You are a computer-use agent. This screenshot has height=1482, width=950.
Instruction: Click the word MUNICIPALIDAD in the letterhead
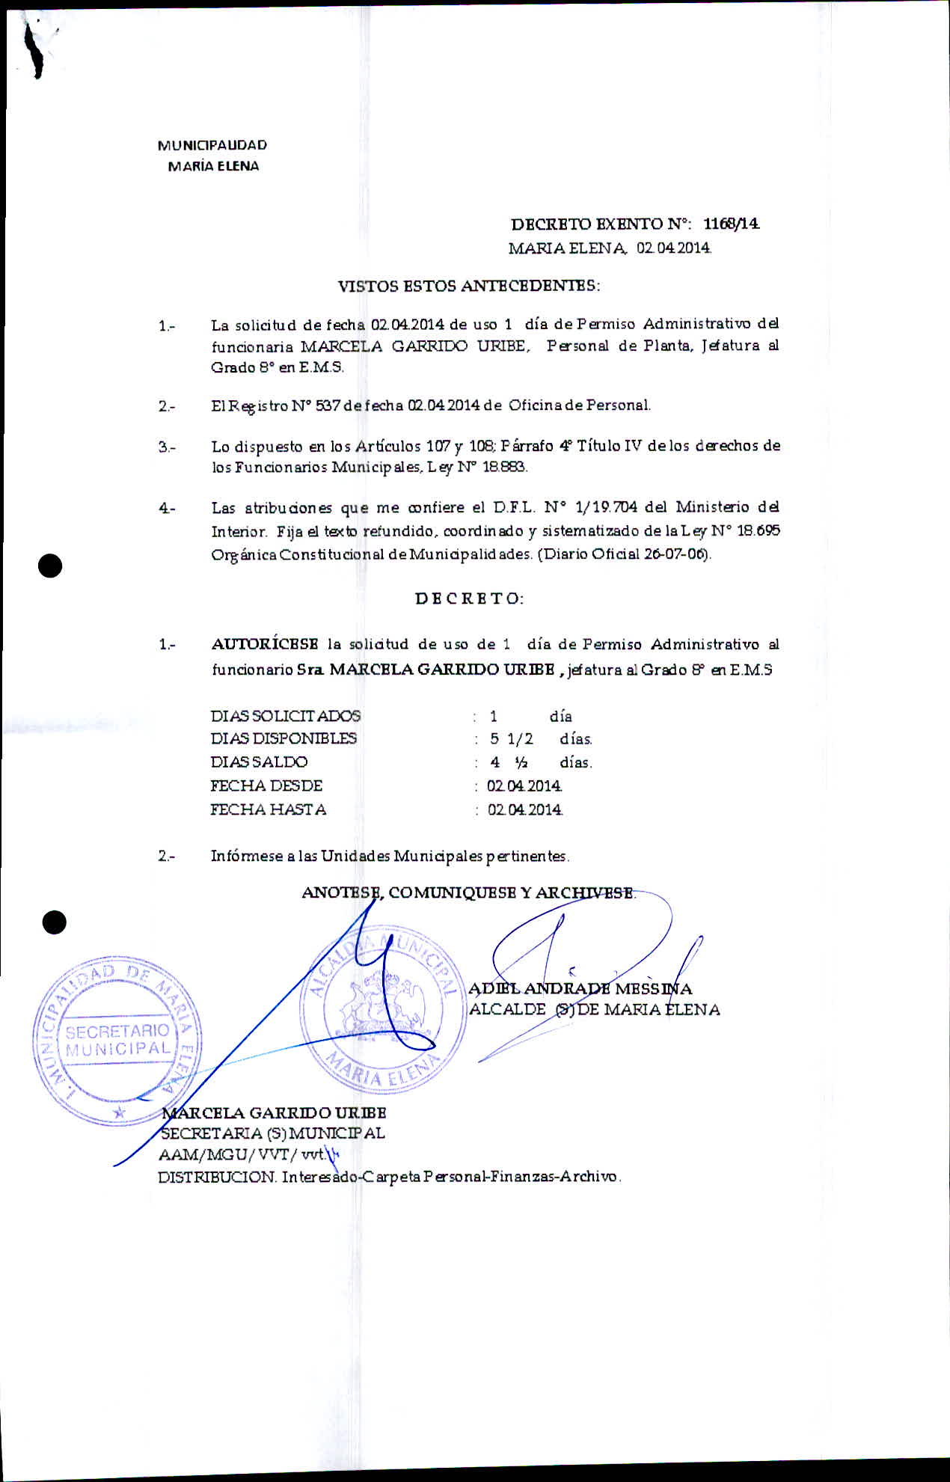[x=212, y=145]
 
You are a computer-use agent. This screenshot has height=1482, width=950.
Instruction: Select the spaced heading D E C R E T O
[x=469, y=598]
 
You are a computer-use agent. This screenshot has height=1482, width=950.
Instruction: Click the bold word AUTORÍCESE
[x=265, y=644]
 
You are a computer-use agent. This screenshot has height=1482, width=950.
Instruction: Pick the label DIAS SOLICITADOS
[x=285, y=716]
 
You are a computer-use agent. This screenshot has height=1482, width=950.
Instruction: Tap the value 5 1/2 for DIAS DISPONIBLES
[x=512, y=739]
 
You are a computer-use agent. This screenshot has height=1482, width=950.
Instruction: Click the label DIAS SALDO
[x=259, y=762]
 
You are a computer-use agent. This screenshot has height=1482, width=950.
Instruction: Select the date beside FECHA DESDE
[x=524, y=786]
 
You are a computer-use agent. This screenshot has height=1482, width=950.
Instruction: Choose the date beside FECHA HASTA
[x=525, y=809]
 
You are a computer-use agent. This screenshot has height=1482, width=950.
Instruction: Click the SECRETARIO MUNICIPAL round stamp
[x=117, y=1040]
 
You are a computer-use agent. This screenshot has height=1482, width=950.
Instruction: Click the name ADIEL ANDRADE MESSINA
[x=580, y=989]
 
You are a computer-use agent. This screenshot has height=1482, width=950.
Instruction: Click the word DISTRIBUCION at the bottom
[x=217, y=1177]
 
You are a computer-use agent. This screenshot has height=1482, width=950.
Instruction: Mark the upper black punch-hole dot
[x=50, y=566]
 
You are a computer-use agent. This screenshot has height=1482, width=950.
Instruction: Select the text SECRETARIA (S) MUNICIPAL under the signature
[x=273, y=1133]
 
